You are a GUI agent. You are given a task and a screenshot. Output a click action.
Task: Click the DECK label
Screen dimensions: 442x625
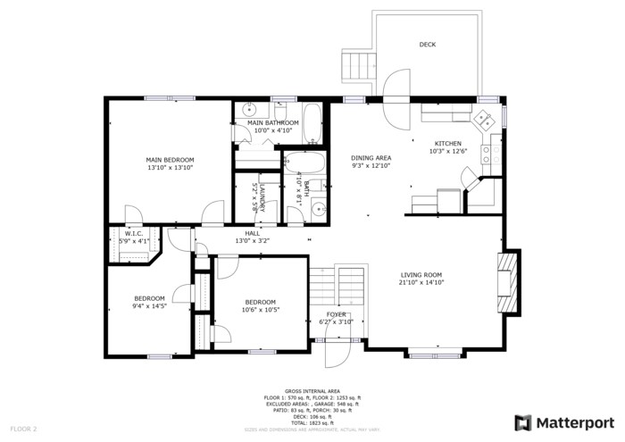click(428, 45)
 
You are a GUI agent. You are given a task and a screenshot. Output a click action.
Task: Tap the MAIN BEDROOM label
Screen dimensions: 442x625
click(170, 160)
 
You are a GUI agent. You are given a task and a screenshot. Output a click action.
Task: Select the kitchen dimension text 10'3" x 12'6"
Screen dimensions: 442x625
click(447, 151)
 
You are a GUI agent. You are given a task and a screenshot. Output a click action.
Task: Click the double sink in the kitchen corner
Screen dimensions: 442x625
click(484, 116)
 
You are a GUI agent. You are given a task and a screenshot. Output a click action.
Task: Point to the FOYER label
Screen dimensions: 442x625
click(336, 314)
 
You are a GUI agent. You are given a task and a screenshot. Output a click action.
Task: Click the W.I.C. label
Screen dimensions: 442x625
click(134, 233)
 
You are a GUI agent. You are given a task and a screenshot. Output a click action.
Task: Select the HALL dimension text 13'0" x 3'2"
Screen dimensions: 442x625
click(252, 240)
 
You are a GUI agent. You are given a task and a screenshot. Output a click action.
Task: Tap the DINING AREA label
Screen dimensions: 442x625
click(371, 157)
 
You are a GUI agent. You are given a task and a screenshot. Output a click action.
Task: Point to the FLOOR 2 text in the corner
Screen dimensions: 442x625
click(22, 429)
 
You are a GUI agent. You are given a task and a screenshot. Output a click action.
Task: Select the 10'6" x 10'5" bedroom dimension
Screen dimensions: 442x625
click(261, 310)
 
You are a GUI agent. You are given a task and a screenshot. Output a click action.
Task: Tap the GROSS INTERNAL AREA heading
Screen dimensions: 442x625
click(312, 391)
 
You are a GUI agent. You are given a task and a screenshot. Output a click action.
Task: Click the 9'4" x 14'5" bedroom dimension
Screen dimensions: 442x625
click(149, 306)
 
